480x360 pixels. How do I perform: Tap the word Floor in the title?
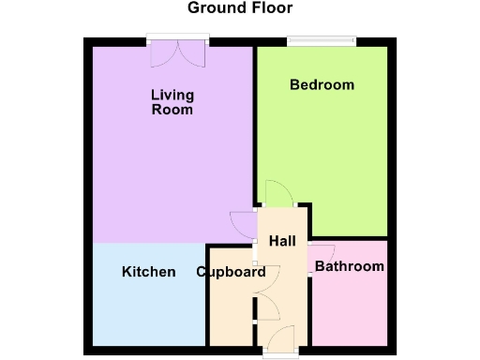tap(268, 8)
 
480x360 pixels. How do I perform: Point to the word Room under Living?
tap(172, 110)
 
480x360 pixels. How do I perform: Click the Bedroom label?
tap(322, 85)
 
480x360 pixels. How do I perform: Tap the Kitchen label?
tap(148, 272)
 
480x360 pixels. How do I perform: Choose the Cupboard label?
tap(231, 273)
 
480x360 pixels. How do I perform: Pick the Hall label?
tap(282, 241)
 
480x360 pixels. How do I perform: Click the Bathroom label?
tap(349, 267)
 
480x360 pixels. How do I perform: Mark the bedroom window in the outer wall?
tap(322, 39)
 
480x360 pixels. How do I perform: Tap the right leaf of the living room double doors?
tap(194, 52)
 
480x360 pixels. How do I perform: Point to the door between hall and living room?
tap(242, 223)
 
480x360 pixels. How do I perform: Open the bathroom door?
tap(322, 256)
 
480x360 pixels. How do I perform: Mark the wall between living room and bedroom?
tap(255, 122)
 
